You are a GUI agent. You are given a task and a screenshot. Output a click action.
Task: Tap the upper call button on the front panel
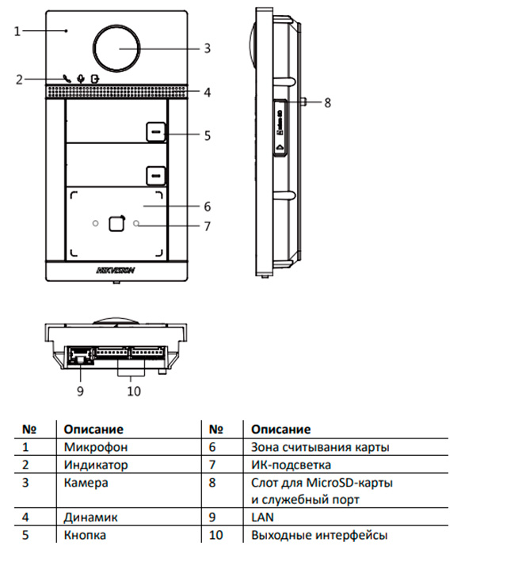pos(155,130)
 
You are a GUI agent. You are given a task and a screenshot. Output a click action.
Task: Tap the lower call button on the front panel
pos(155,174)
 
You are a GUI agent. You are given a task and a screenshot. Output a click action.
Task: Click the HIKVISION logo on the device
pos(116,270)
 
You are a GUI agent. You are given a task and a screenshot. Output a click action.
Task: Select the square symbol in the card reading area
pos(116,224)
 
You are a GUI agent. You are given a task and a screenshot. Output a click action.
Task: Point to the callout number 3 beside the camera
pos(207,48)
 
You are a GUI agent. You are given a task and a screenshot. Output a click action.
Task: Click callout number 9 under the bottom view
pos(79,389)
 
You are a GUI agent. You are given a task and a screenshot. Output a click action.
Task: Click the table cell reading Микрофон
pos(91,447)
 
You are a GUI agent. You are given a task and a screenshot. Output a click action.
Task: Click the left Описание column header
pos(93,429)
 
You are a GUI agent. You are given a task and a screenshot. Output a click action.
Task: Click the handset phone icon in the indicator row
pos(67,78)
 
